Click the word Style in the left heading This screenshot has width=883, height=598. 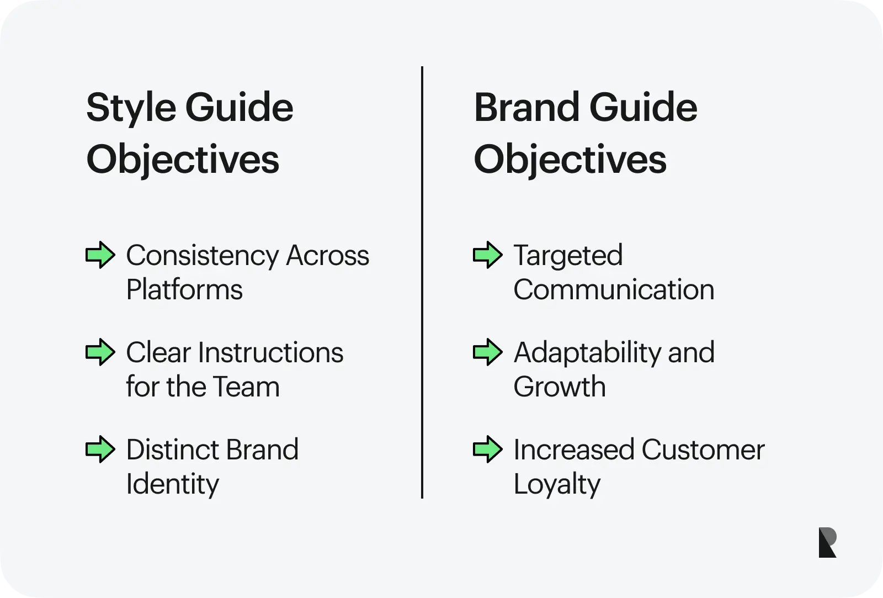[x=131, y=108]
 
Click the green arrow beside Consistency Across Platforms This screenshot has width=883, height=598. [x=100, y=255]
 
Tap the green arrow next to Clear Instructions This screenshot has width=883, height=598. [x=100, y=352]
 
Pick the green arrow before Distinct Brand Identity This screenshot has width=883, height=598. [x=100, y=449]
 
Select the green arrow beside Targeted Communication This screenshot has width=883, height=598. [x=488, y=255]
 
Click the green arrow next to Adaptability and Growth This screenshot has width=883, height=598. [x=488, y=352]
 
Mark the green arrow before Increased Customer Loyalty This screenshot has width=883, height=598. [x=488, y=449]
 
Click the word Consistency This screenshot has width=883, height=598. [x=203, y=256]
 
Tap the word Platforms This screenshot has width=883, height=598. [x=184, y=289]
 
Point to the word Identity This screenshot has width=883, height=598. [x=173, y=485]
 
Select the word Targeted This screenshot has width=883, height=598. [x=568, y=256]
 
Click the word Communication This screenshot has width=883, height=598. [x=614, y=289]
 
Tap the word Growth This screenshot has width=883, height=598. [x=560, y=387]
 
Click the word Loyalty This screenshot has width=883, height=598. [x=557, y=485]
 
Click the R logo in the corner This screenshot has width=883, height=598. [x=827, y=542]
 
